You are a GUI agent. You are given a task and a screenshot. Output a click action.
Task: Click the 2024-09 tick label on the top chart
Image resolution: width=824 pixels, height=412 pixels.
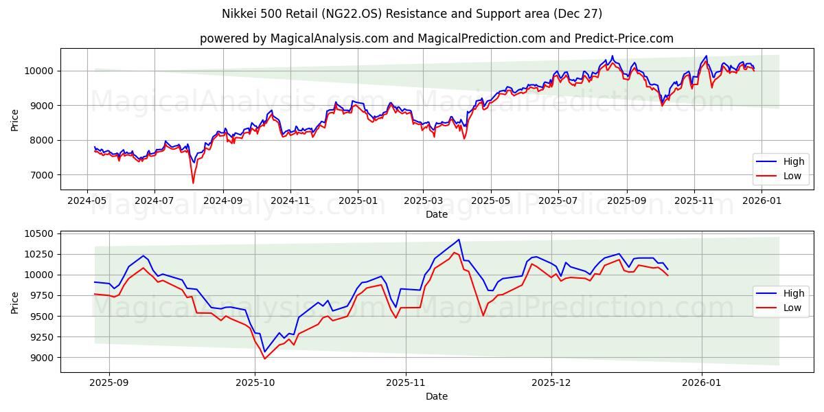[222, 200]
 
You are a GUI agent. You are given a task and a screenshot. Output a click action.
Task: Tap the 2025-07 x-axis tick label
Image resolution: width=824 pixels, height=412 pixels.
[558, 200]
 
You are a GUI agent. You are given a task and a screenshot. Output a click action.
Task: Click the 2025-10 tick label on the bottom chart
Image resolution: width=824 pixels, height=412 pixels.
[255, 383]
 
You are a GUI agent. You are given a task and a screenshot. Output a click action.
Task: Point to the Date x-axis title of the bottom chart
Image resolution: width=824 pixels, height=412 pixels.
[437, 396]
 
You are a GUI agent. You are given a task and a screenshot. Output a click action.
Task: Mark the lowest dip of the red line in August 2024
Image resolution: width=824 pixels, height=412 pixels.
[193, 183]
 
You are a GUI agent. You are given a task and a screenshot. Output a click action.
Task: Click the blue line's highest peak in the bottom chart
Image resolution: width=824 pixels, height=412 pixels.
[459, 240]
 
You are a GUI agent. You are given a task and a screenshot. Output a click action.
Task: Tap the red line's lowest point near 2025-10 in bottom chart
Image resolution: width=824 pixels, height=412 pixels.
[264, 359]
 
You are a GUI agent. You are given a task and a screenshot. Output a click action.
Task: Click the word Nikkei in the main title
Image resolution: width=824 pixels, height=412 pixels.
[240, 14]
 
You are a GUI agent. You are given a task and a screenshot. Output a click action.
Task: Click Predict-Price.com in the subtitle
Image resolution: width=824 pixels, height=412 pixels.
[626, 38]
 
